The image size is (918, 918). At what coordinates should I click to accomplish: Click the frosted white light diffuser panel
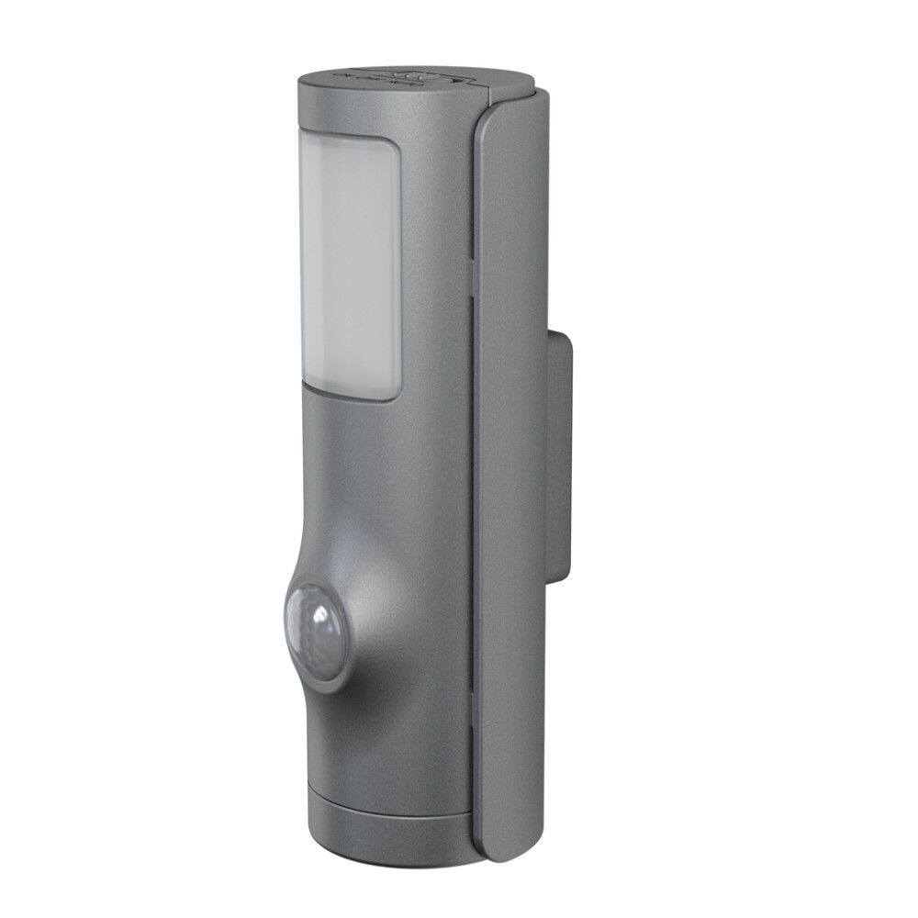(x=350, y=266)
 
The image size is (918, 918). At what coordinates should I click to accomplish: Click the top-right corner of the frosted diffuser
(x=395, y=147)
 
